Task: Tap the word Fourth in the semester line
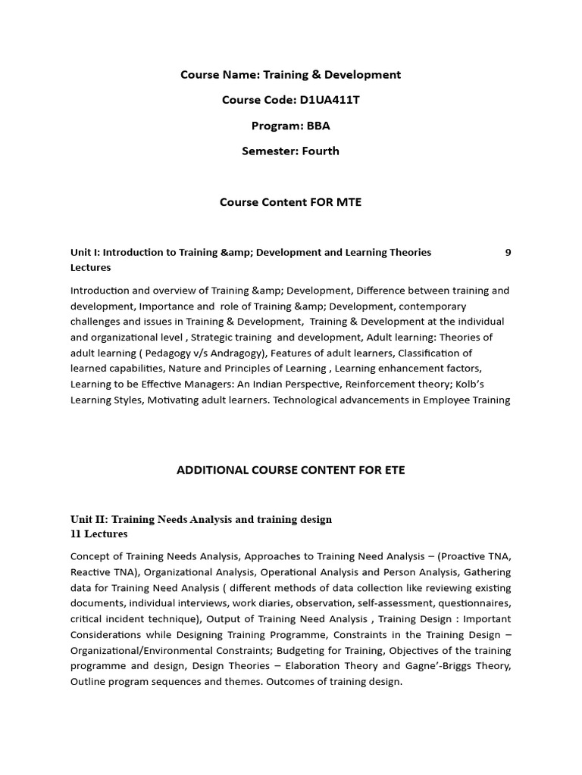(321, 151)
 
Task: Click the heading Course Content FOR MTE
(290, 202)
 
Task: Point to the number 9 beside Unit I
(508, 252)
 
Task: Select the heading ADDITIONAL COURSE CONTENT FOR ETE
(290, 470)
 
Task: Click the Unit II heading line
(201, 519)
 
